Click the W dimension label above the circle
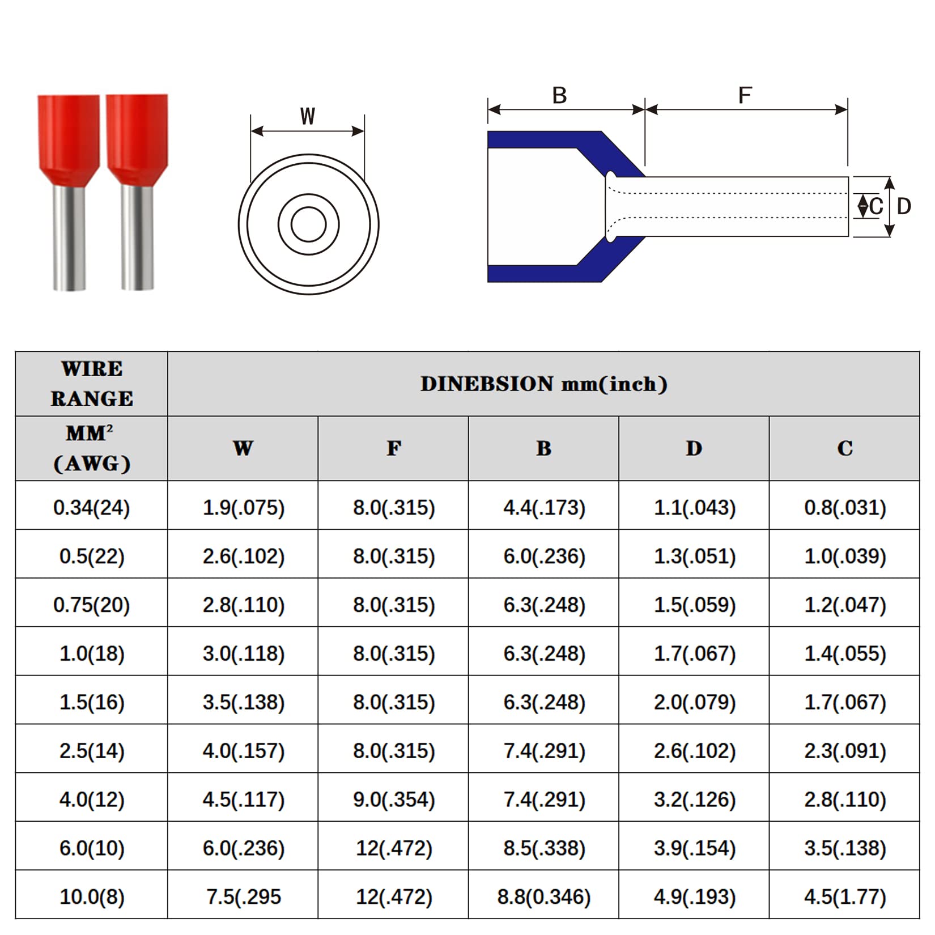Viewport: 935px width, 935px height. [x=308, y=116]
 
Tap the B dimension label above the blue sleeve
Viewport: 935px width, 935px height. [x=559, y=96]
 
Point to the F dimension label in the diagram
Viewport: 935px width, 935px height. [x=745, y=96]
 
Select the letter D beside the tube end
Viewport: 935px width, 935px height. [x=904, y=207]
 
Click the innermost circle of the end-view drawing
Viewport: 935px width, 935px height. [x=308, y=224]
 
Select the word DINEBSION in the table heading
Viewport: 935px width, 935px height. [x=487, y=384]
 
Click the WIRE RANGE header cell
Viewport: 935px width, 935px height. [x=92, y=384]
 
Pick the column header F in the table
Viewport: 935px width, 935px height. [x=394, y=449]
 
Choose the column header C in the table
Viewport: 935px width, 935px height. [x=844, y=449]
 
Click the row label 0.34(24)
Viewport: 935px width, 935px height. [x=92, y=507]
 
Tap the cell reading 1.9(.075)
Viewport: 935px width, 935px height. [x=244, y=507]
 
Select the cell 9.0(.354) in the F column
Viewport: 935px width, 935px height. [x=394, y=800]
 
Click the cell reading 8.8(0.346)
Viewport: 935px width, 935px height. [x=544, y=897]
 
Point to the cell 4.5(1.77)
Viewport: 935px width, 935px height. [x=844, y=897]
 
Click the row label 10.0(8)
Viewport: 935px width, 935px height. [x=92, y=897]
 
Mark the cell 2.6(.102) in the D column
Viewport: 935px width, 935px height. [x=695, y=751]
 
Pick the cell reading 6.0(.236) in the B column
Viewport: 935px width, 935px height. [x=544, y=556]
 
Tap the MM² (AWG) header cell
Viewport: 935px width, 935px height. [x=92, y=449]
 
